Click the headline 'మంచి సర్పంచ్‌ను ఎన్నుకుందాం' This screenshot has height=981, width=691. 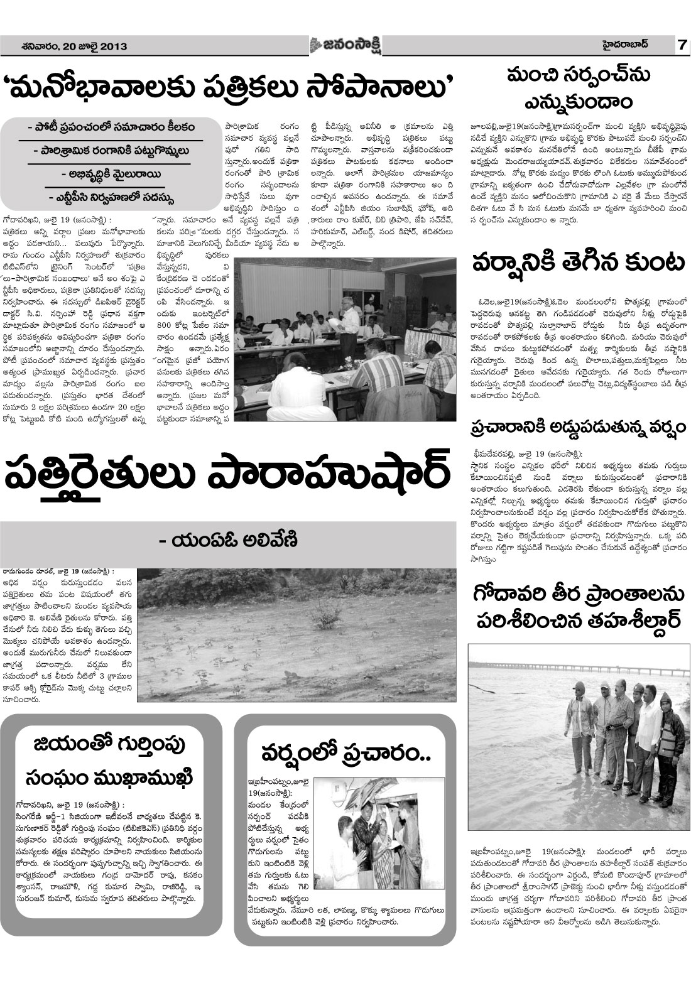574,87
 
